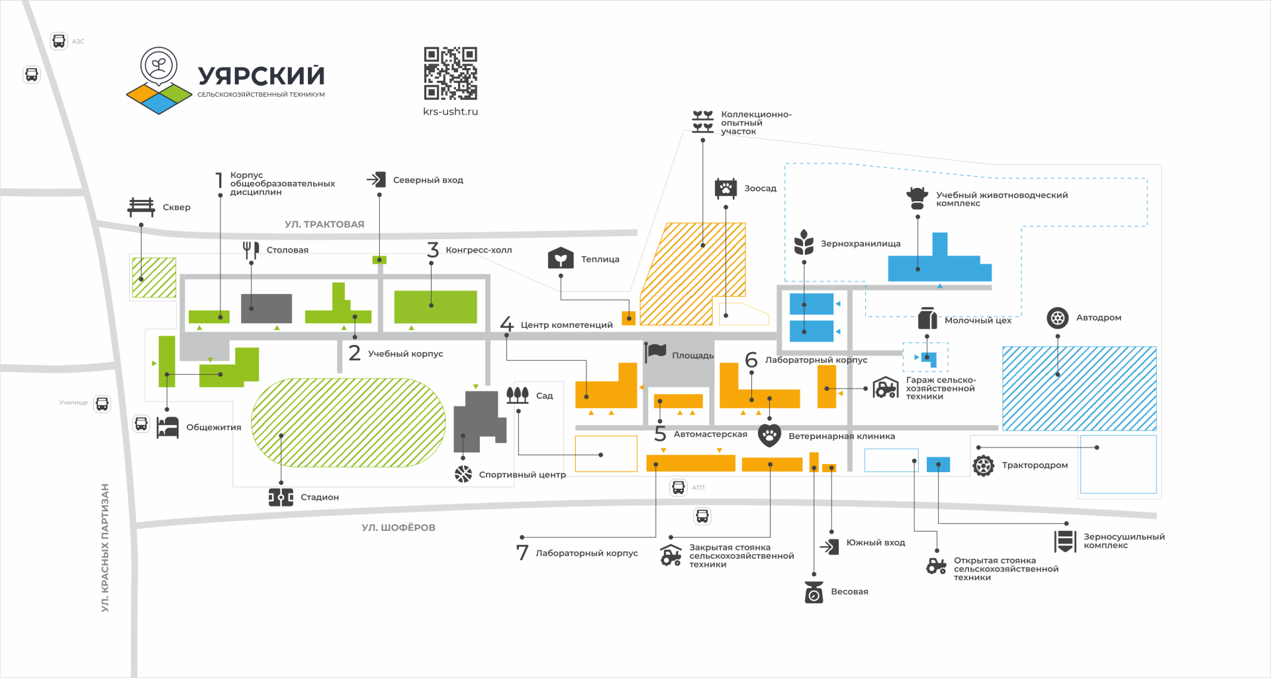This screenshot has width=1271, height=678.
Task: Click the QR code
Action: coord(450,73)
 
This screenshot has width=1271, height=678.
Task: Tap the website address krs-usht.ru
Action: coord(450,112)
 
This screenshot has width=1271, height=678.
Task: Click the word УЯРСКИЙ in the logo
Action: coord(261,76)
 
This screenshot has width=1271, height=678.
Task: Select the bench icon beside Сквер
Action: coord(141,207)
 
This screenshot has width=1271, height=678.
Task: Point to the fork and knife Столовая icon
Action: coord(251,250)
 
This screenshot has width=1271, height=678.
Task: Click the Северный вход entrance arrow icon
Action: coord(377,179)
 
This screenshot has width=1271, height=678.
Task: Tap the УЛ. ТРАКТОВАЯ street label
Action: coord(324,224)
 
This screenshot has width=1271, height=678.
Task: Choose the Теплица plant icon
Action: coord(561,258)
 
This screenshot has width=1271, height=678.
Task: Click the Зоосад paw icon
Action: coord(726,188)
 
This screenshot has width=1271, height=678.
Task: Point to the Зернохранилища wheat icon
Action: coord(804,242)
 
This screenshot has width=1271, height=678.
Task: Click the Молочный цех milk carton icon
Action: coord(927,318)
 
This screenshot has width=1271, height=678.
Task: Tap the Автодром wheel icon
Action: coord(1058,318)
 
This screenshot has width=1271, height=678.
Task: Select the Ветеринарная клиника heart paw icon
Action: coord(769,436)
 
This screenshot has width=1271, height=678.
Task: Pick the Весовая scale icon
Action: coord(814,592)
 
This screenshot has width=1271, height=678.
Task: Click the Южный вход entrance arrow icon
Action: coord(829,546)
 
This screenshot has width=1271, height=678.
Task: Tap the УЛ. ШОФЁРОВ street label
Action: coord(399,528)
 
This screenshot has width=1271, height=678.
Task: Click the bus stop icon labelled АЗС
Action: coord(59,41)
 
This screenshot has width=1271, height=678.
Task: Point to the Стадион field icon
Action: coord(281,497)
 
